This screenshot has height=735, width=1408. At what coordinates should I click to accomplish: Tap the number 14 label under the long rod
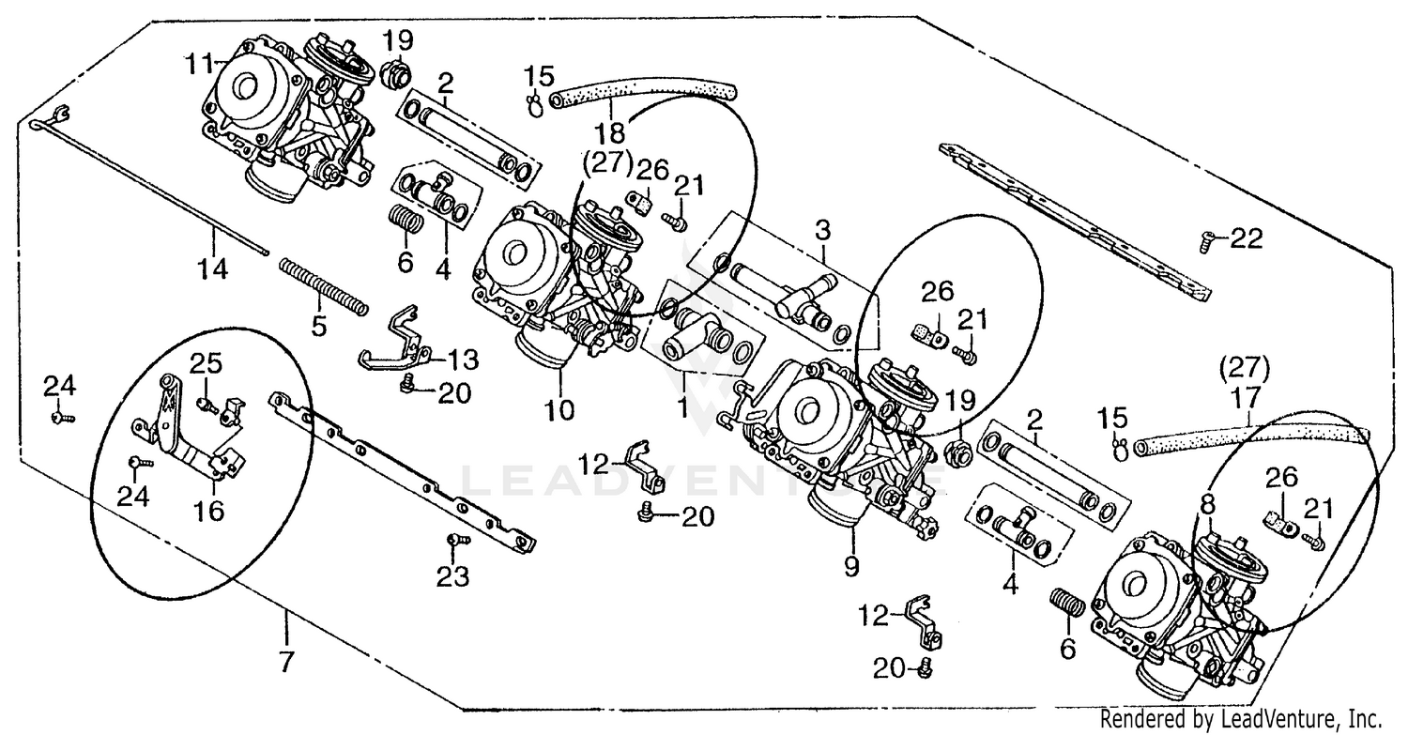pyautogui.click(x=212, y=269)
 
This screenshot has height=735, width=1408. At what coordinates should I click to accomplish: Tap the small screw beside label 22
pyautogui.click(x=1205, y=242)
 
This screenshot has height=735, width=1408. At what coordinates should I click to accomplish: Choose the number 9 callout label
pyautogui.click(x=853, y=565)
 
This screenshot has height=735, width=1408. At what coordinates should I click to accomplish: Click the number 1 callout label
pyautogui.click(x=683, y=409)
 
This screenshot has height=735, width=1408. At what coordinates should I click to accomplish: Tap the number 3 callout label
pyautogui.click(x=822, y=228)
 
